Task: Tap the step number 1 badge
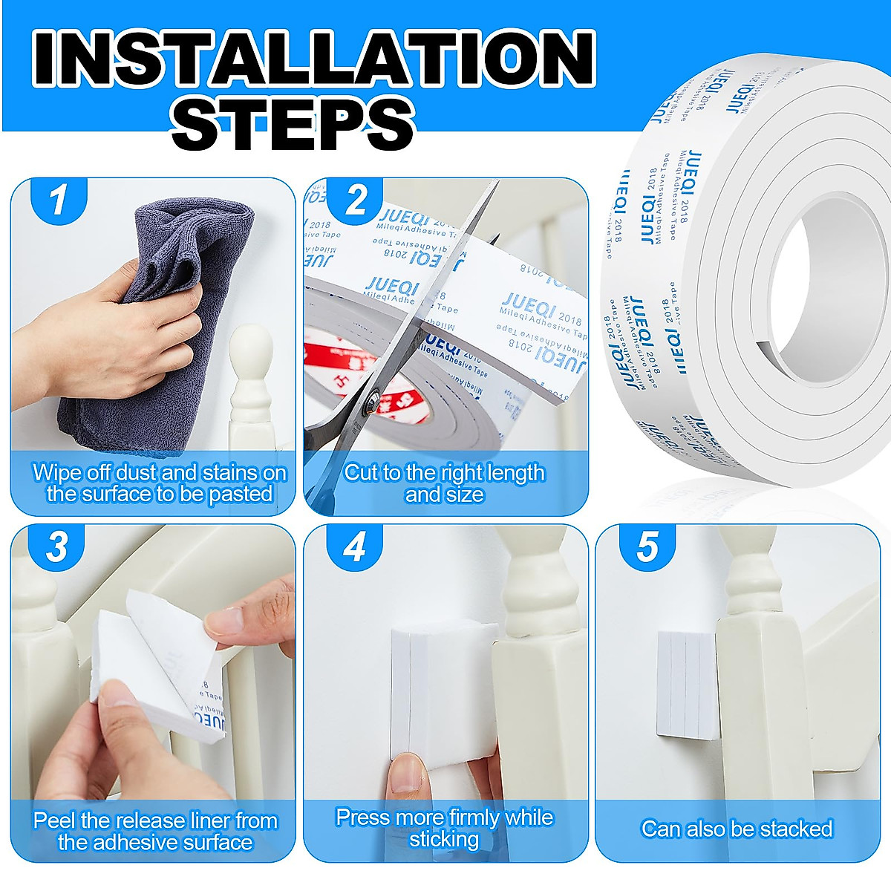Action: (x=58, y=199)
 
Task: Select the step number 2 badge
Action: (x=356, y=199)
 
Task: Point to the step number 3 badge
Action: (x=58, y=547)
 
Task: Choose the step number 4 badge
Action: (x=354, y=547)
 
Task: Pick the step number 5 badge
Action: (x=647, y=547)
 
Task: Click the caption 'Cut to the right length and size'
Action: (x=444, y=483)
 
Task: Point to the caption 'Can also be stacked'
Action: (x=737, y=829)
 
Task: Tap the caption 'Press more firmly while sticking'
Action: (x=444, y=828)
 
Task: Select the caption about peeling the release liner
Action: (x=155, y=831)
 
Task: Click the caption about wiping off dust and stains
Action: (x=159, y=483)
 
